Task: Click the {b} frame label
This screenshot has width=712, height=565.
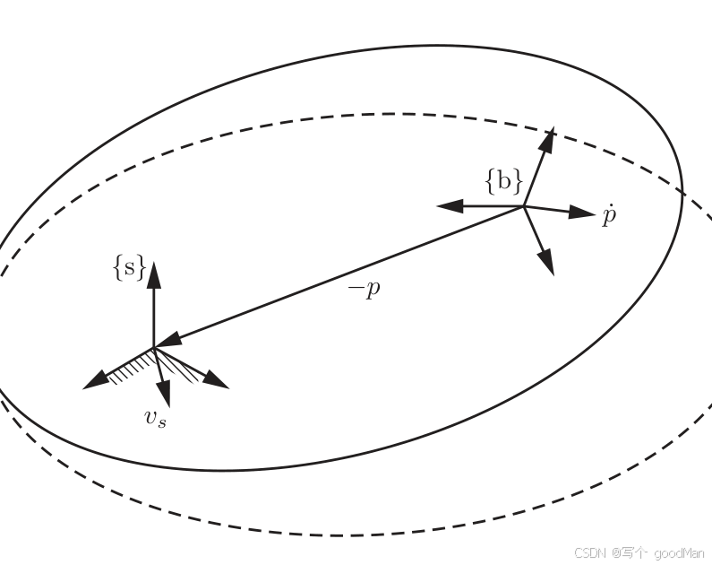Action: pos(504,181)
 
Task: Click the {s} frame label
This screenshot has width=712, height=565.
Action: pos(130,267)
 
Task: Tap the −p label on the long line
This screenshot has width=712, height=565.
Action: pos(365,289)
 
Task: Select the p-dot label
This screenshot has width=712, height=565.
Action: pos(609,216)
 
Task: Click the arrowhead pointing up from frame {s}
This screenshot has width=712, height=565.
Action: pos(154,274)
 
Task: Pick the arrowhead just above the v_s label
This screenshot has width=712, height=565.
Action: pos(164,394)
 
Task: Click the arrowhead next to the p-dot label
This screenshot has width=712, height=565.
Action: pos(581,213)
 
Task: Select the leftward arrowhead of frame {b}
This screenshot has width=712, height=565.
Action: pos(450,206)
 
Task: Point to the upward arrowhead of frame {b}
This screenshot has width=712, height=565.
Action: pos(547,140)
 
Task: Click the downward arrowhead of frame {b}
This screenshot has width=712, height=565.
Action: pos(547,262)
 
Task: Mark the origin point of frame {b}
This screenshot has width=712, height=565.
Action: pos(525,206)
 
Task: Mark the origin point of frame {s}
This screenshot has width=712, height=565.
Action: pos(154,348)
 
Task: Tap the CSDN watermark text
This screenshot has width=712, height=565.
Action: pos(590,552)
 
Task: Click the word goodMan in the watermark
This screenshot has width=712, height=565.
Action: pos(679,553)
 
